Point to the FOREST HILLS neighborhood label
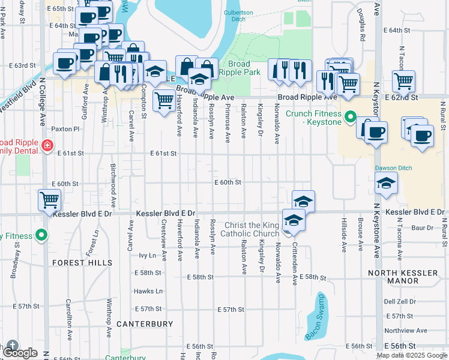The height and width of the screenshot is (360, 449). click(x=82, y=263)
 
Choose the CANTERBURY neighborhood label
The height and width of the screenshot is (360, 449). click(x=145, y=324)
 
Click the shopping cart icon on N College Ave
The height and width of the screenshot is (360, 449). click(x=49, y=200)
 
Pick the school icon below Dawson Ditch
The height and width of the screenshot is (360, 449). click(x=386, y=183)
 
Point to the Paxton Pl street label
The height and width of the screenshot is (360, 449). click(x=65, y=128)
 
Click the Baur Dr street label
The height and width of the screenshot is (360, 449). click(x=422, y=227)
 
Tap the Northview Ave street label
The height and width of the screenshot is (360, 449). click(x=406, y=330)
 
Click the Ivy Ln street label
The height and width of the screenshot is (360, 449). click(x=147, y=255)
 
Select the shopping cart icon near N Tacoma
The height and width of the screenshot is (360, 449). click(x=403, y=80)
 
